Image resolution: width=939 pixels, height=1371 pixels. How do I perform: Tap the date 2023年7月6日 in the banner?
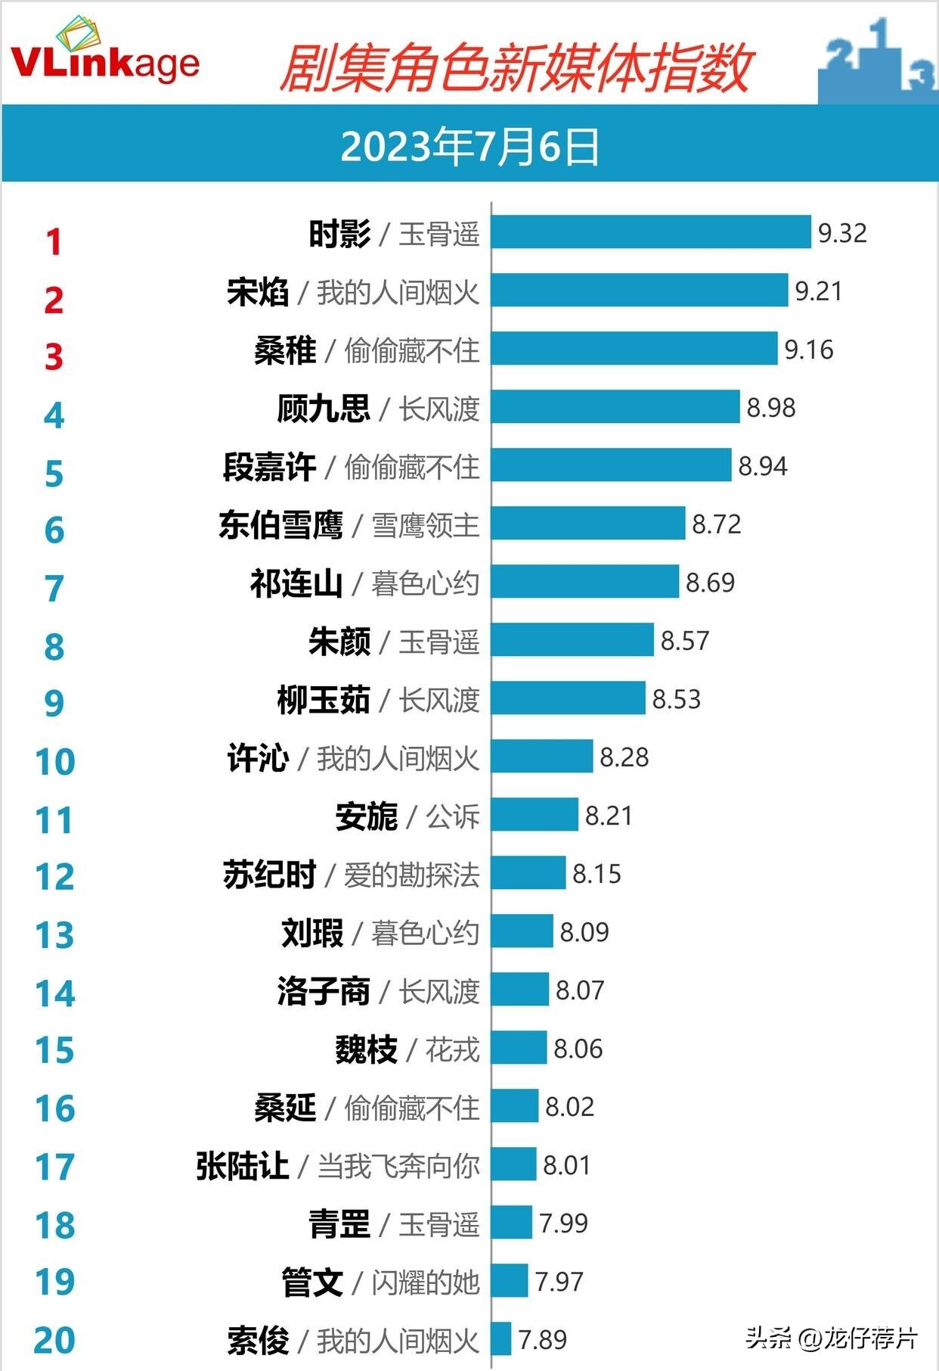click(x=469, y=146)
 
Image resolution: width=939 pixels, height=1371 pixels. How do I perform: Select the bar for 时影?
click(x=651, y=232)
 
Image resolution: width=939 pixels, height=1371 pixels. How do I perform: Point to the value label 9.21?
click(x=818, y=291)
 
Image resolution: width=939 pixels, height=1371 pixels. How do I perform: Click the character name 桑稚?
click(x=285, y=350)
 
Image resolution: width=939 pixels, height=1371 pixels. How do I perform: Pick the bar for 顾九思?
click(x=615, y=407)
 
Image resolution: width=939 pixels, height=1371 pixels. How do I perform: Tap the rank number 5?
click(x=54, y=474)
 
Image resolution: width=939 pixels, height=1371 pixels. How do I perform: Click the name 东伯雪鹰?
click(x=280, y=525)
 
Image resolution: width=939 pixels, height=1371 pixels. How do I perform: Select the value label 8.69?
click(x=710, y=583)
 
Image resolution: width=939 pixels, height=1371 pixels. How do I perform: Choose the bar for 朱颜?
click(x=572, y=640)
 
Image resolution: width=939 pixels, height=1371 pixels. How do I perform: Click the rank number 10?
click(x=55, y=761)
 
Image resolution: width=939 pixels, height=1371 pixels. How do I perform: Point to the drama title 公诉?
click(x=453, y=816)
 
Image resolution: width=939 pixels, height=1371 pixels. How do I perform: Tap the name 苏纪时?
click(x=269, y=875)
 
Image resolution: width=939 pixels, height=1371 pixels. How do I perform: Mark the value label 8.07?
click(x=580, y=990)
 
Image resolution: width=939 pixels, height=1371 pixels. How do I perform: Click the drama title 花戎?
click(x=453, y=1049)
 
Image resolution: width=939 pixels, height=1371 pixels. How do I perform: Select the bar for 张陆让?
click(x=513, y=1164)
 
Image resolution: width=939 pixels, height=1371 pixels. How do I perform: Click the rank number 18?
click(x=55, y=1225)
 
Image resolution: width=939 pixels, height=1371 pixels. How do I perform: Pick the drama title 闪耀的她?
click(x=426, y=1282)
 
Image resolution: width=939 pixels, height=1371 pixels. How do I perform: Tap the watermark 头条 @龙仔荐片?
click(x=832, y=1338)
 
